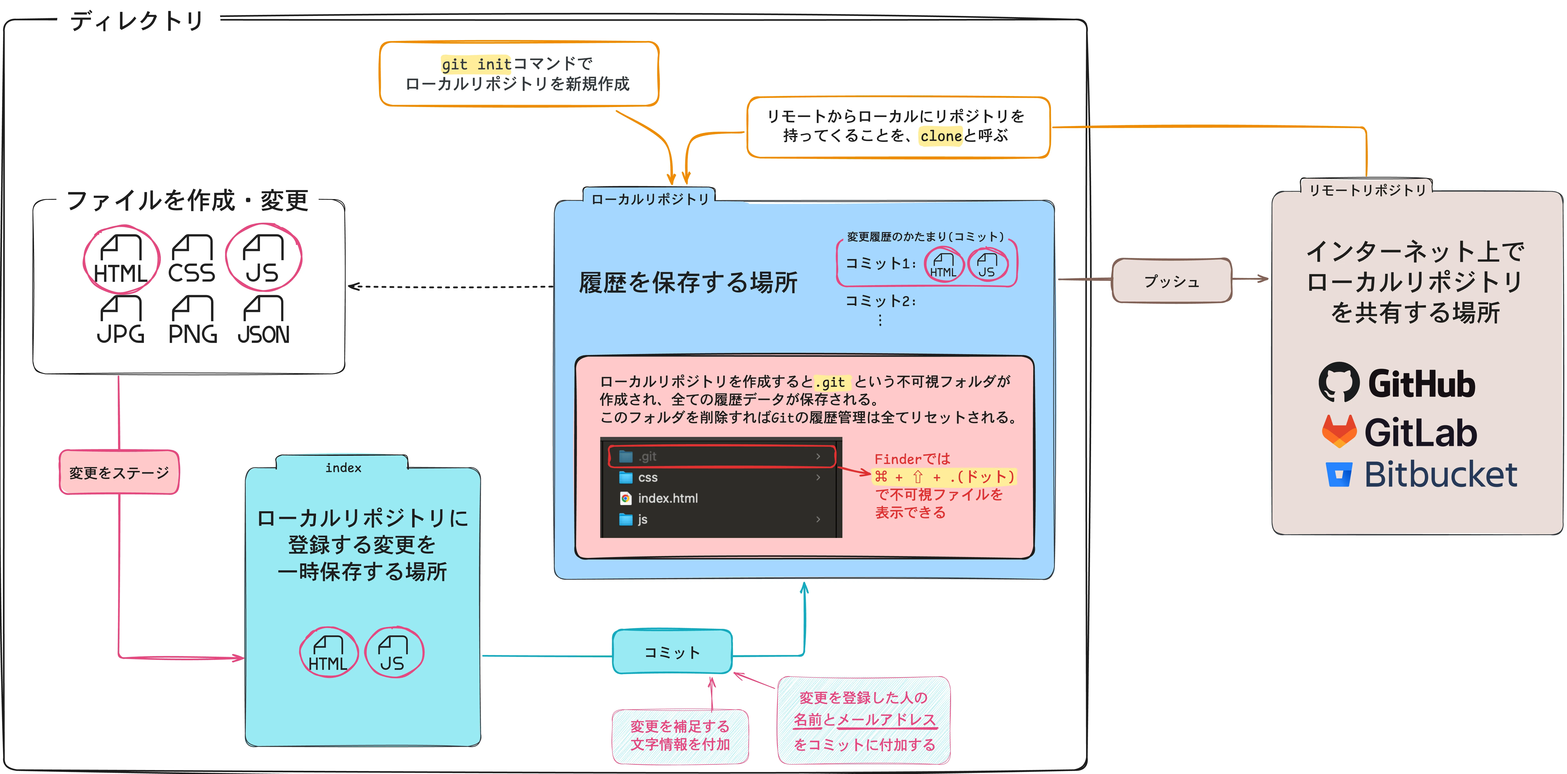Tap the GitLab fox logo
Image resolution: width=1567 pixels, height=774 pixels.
(1339, 431)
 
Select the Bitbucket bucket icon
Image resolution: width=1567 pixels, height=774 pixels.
(1339, 475)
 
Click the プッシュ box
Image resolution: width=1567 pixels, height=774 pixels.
(1172, 281)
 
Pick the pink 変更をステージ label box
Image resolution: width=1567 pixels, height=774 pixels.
(119, 472)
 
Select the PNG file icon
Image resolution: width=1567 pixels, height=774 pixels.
(192, 320)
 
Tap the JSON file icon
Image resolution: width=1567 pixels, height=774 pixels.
(263, 320)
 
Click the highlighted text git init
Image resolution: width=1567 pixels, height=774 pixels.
(476, 64)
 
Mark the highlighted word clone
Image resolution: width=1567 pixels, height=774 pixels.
(940, 136)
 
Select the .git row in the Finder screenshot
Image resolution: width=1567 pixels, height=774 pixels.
(721, 456)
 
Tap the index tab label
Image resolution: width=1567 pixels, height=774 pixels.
(343, 467)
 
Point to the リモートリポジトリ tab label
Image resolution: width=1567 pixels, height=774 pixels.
(1367, 190)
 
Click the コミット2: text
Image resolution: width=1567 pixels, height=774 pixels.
(880, 301)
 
